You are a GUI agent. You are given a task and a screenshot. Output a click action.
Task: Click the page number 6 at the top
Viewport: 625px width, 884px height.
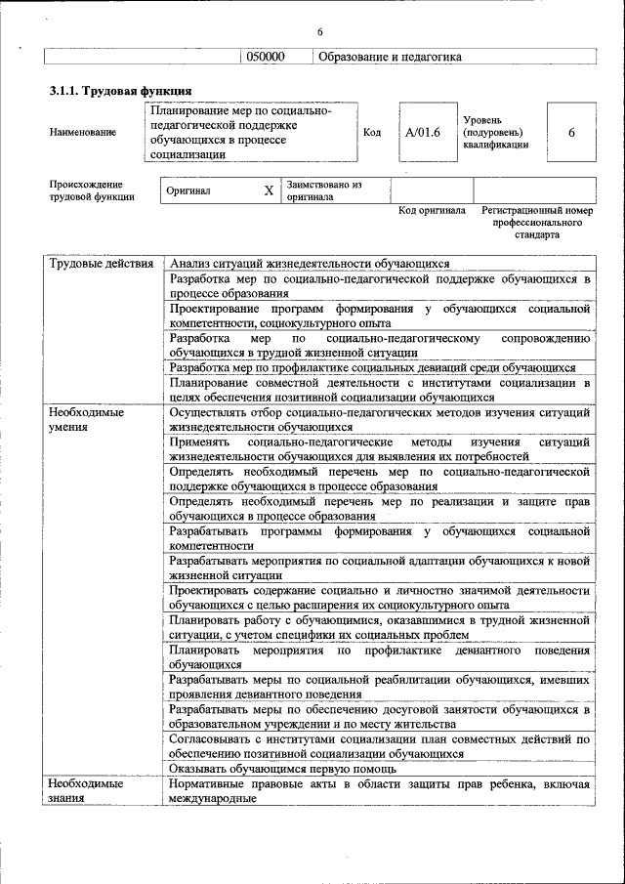319,33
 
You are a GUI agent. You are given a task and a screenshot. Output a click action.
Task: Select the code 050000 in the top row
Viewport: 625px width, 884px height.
265,57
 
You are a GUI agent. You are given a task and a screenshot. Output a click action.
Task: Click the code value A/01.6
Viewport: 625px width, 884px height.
423,132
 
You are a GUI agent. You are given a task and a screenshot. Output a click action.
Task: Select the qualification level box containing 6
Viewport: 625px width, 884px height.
571,132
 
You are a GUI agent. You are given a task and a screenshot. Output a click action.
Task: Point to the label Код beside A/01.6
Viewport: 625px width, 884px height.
372,132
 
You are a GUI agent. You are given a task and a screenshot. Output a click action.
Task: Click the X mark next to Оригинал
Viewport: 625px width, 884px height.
269,191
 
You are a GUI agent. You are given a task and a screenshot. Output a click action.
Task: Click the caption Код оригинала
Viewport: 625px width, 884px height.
432,211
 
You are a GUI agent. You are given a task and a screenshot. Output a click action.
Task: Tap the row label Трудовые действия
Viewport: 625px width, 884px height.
101,264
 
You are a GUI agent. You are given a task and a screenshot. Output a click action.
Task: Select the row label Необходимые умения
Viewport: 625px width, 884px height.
87,420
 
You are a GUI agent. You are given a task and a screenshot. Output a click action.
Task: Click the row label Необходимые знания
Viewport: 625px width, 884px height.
87,791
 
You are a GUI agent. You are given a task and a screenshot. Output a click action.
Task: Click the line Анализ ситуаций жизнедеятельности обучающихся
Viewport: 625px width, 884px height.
309,264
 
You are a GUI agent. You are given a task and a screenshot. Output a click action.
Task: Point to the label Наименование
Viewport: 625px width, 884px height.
82,132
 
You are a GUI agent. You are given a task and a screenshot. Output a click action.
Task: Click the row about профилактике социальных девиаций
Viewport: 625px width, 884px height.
372,368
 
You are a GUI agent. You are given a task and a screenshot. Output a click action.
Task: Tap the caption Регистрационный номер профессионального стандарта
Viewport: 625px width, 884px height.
537,223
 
